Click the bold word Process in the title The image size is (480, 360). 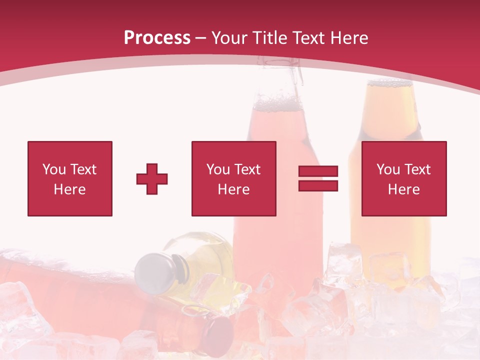[x=157, y=38]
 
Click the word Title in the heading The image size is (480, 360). [x=270, y=38]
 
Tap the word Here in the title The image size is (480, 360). [x=348, y=38]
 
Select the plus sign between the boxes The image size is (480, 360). [x=152, y=179]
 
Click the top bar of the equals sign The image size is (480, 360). [x=318, y=171]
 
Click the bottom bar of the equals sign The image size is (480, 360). [x=318, y=186]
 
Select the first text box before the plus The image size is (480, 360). [x=70, y=178]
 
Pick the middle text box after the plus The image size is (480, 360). [x=234, y=178]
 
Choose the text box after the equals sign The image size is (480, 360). [x=404, y=178]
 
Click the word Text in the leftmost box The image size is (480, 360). [x=83, y=169]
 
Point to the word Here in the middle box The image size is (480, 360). [x=234, y=189]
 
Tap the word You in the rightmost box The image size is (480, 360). [x=388, y=169]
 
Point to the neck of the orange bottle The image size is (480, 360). [x=384, y=110]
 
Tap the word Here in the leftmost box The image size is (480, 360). [x=70, y=189]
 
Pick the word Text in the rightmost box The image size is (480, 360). [x=417, y=169]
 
